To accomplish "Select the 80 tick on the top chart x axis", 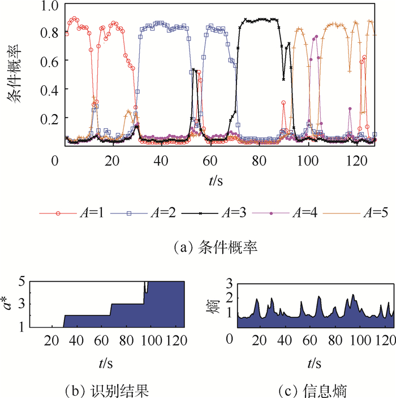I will coord(259,161).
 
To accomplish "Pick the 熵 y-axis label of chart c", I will coord(214,305).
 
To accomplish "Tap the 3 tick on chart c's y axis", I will coord(229,283).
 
